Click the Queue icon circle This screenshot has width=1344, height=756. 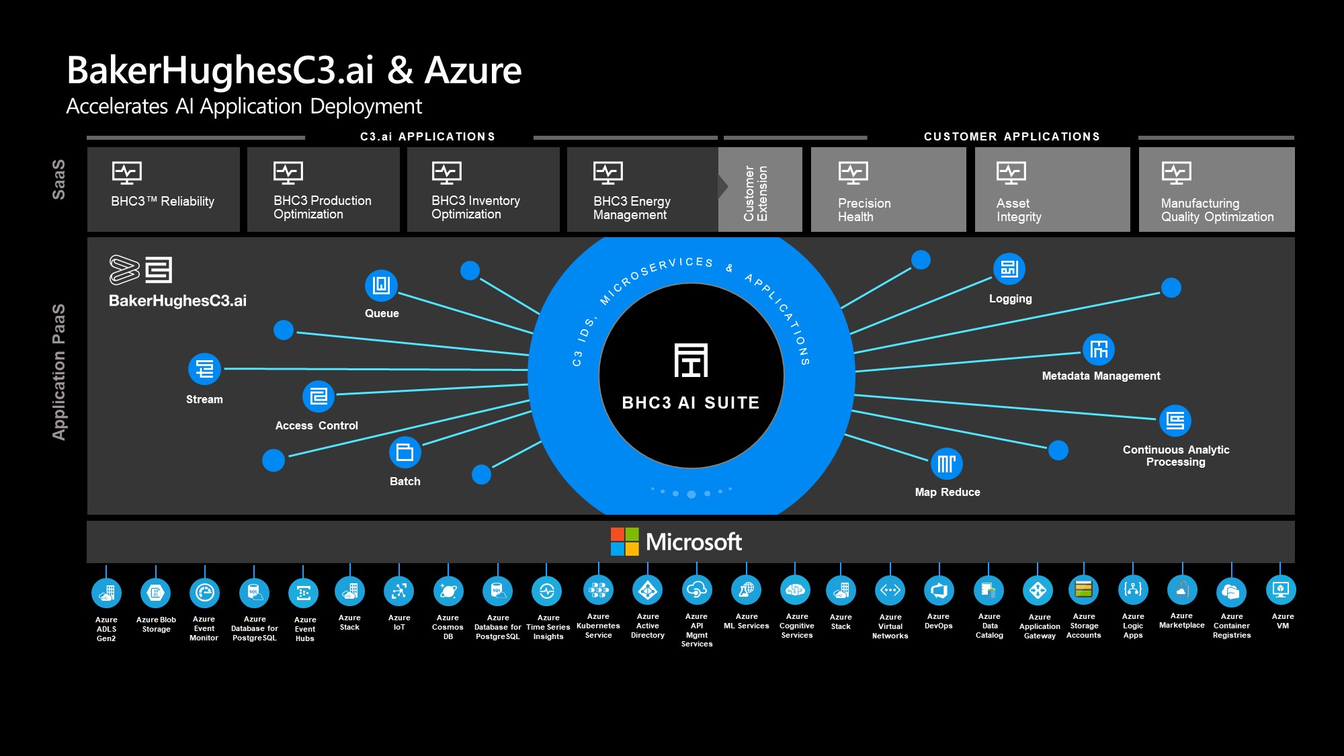click(x=381, y=286)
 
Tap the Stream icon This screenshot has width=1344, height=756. click(x=204, y=369)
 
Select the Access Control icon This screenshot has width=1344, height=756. click(x=319, y=396)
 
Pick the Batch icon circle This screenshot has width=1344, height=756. click(x=405, y=452)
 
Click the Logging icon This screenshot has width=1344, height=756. click(x=1009, y=269)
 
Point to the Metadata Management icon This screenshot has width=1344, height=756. click(x=1099, y=349)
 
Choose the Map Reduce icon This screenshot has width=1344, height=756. click(x=946, y=464)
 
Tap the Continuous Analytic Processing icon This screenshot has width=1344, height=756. click(x=1175, y=421)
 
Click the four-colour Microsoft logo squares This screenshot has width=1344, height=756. click(x=624, y=542)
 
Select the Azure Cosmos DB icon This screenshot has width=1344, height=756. click(x=448, y=591)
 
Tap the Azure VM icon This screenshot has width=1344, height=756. click(x=1281, y=590)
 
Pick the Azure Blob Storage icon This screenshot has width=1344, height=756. click(x=156, y=593)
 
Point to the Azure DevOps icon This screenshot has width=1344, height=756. click(x=939, y=591)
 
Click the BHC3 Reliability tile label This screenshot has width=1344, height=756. click(x=163, y=202)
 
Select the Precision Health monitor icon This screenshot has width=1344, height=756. click(x=853, y=173)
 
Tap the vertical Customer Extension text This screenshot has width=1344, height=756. click(x=755, y=194)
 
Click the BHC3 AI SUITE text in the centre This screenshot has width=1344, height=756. click(x=691, y=403)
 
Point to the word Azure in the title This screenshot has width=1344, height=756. click(x=473, y=71)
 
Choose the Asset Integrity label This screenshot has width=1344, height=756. click(x=1018, y=210)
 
